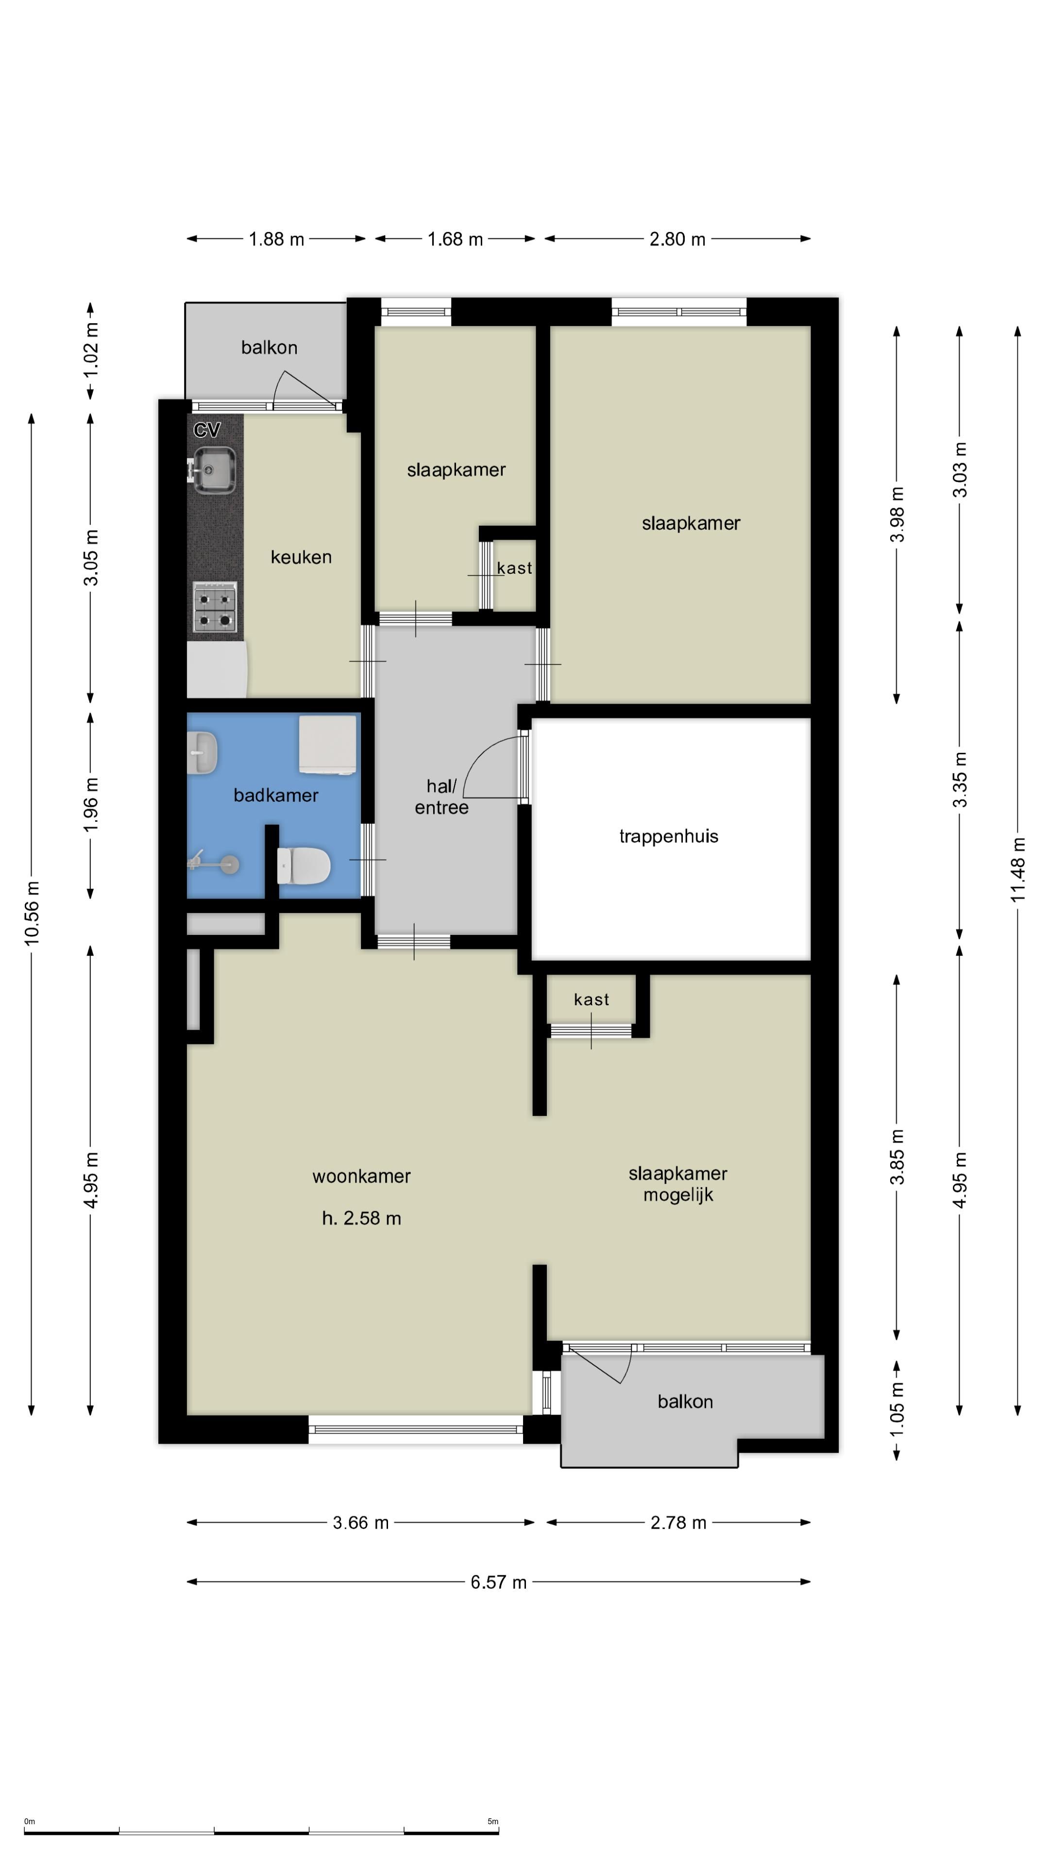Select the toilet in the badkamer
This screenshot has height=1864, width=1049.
(304, 865)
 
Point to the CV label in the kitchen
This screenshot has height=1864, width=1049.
(206, 430)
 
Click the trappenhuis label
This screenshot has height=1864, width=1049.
(668, 836)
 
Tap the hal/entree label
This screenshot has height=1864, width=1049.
(441, 797)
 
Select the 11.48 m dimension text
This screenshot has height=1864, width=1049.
(1018, 869)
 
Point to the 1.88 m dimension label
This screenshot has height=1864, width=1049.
(276, 239)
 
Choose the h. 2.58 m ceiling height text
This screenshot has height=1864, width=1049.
(361, 1218)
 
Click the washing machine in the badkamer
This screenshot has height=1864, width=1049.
(328, 745)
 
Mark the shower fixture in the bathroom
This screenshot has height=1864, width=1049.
(214, 863)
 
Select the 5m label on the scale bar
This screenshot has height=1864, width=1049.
(493, 1821)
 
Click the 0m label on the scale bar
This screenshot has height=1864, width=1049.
(30, 1821)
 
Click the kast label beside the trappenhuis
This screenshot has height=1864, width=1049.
(592, 999)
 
